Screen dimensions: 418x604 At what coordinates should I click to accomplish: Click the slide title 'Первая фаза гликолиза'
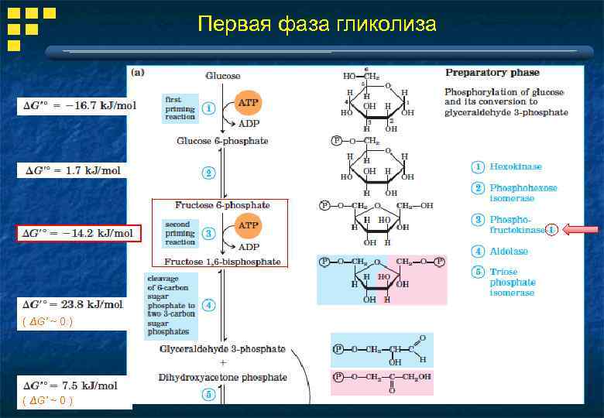tap(317, 25)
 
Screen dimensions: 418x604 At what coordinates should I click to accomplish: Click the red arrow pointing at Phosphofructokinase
tap(581, 229)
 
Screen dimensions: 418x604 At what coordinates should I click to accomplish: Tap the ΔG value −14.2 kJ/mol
tap(78, 233)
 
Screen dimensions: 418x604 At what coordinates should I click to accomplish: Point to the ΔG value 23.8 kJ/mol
tap(73, 304)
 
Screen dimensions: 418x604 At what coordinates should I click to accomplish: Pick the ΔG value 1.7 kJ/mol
tap(72, 170)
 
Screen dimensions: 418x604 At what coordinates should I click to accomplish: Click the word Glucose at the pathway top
tap(222, 76)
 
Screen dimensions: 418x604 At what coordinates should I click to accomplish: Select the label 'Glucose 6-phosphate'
tap(222, 141)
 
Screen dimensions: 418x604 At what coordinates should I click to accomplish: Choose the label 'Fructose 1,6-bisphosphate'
tap(223, 262)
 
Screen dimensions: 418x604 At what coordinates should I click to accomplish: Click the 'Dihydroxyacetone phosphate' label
tap(223, 378)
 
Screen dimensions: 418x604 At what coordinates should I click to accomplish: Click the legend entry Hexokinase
tap(515, 166)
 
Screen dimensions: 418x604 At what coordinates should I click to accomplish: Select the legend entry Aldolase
tap(509, 251)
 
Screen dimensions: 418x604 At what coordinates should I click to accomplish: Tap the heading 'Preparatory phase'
tap(492, 73)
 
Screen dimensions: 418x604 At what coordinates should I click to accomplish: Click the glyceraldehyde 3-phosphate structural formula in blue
tap(382, 350)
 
